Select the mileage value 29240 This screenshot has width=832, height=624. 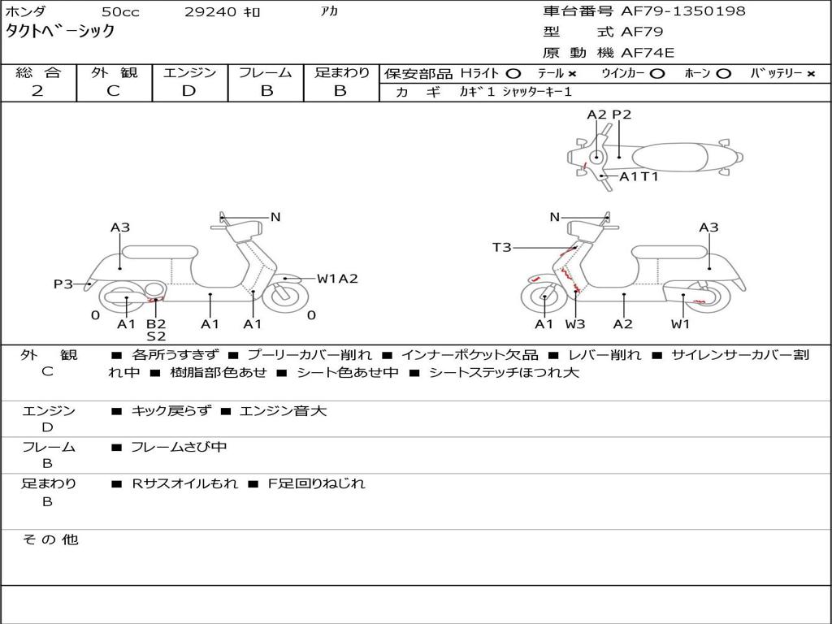point(210,12)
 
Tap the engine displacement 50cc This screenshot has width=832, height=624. point(120,12)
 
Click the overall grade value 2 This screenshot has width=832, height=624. point(37,91)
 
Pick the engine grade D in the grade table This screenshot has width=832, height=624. point(188,91)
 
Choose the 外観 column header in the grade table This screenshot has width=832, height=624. point(114,72)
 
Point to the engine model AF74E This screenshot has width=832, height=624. point(648,53)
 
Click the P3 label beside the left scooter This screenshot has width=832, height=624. point(63,284)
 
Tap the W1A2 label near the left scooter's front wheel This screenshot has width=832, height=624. point(337,279)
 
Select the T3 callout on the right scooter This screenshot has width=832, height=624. point(502,247)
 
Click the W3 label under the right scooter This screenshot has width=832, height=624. point(575,324)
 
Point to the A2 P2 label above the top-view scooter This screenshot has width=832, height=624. point(609,115)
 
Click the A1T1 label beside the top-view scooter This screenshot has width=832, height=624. point(639,176)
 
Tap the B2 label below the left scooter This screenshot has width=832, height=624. point(156,324)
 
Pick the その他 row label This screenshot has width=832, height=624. point(50,539)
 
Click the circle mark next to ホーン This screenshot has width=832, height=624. point(723,74)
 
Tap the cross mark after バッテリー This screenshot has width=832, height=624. point(810,74)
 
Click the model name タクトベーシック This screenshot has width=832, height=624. point(60,32)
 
